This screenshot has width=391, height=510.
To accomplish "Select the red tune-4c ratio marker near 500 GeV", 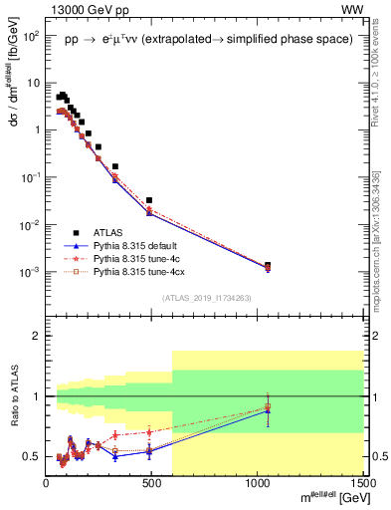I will click(149, 431).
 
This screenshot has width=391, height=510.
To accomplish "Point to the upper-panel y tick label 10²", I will click(32, 35).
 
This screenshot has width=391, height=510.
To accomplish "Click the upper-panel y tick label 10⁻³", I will click(32, 272).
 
